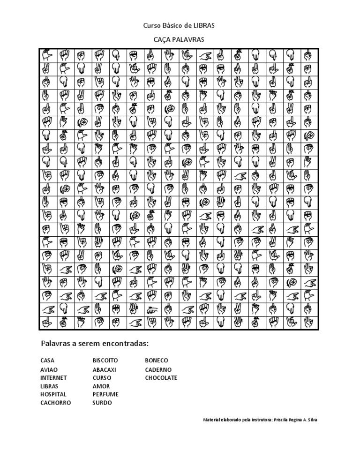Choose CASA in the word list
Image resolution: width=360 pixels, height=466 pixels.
(47, 361)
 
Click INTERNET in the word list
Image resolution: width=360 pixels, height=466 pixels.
(53, 377)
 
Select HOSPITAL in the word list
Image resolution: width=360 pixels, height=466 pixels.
(53, 394)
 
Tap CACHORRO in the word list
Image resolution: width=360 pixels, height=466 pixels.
(56, 403)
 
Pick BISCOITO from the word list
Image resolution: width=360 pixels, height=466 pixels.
(105, 361)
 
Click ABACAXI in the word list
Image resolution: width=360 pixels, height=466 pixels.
(105, 369)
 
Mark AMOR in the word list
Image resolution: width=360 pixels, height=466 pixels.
(101, 386)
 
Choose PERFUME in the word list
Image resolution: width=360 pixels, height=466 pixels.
(105, 394)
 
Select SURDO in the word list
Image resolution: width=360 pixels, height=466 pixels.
(102, 403)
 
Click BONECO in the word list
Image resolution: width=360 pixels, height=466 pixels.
(157, 361)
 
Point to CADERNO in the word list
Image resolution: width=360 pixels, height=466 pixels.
(158, 369)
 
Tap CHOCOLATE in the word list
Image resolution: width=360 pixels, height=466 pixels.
(161, 377)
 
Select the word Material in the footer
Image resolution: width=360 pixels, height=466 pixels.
(212, 420)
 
